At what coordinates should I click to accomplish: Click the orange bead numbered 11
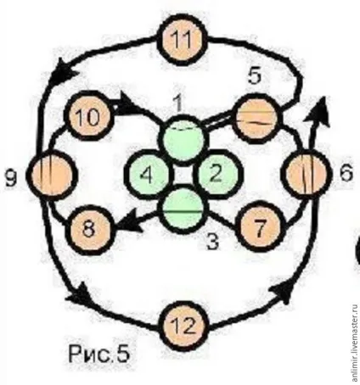(182, 40)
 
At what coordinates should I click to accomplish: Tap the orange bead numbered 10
(89, 115)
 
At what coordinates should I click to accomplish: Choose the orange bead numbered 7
(261, 226)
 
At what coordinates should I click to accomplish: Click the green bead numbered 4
(149, 175)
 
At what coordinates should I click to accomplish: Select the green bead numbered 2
(217, 174)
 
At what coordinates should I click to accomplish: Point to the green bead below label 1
(182, 139)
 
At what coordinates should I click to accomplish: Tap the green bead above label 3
(183, 209)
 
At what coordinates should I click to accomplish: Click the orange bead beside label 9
(52, 176)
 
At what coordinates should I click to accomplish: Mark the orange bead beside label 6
(307, 174)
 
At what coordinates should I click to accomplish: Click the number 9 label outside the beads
(11, 178)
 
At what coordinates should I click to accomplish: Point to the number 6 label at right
(346, 172)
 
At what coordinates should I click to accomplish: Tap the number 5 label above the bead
(254, 75)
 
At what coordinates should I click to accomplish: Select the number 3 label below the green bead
(213, 241)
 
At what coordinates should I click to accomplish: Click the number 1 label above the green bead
(177, 104)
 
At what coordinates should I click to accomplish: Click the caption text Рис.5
(99, 354)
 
